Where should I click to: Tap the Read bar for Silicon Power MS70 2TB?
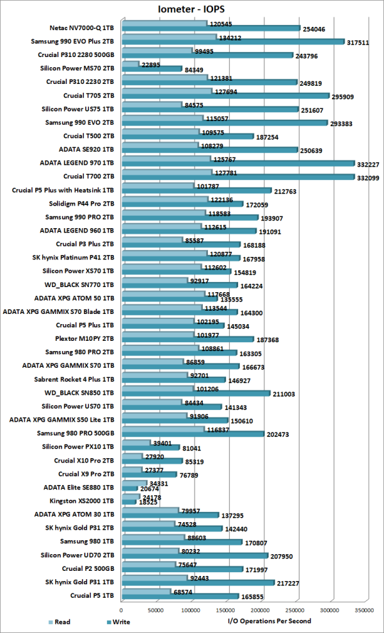tap(130, 64)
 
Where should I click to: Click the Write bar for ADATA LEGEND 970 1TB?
tap(237, 163)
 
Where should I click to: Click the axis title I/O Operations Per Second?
tap(269, 621)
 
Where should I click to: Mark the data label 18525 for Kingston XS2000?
tap(150, 501)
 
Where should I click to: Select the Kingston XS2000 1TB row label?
tap(81, 500)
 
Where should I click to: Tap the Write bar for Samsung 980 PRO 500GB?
tap(192, 434)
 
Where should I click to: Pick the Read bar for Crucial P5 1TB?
tap(145, 591)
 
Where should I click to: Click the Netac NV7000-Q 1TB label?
tap(82, 28)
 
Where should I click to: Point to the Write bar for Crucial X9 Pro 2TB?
tap(148, 474)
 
